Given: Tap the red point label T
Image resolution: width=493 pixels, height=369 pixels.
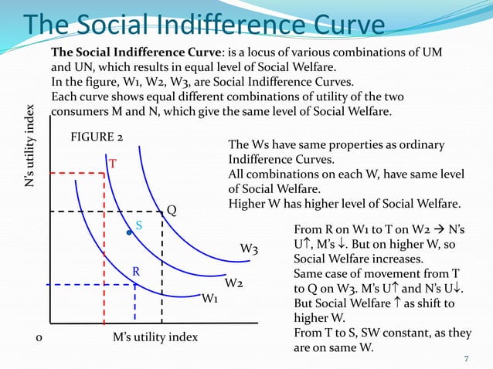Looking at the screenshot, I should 112,164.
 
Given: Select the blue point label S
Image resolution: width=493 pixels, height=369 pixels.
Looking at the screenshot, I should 139,225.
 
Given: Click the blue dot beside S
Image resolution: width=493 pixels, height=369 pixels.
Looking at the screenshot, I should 129,231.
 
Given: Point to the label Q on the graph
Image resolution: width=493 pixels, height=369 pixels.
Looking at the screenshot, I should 172,209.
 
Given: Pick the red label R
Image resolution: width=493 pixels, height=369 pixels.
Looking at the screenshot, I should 134,272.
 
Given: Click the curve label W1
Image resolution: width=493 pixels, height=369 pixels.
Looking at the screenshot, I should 209,299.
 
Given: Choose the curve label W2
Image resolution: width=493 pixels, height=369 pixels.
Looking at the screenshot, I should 235,283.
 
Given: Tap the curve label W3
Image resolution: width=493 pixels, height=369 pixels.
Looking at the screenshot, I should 249,249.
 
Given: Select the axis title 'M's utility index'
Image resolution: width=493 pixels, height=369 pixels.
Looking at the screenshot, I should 155,337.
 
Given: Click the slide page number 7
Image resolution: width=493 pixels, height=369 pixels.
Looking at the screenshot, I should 466,358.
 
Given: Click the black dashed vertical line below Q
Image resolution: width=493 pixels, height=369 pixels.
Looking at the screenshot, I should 161,270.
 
